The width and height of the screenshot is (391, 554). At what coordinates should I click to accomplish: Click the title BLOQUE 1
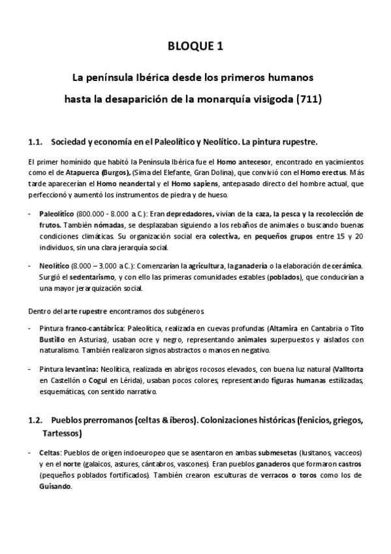pos(195,46)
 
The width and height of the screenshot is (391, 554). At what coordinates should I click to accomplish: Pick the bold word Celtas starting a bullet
pos(50,453)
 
